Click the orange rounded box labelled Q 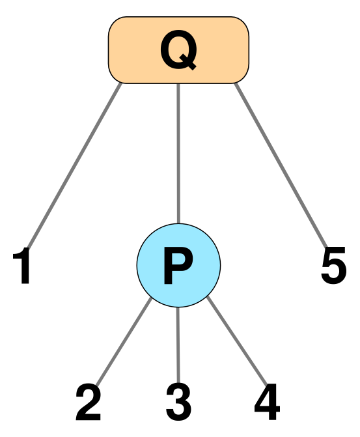tap(178, 50)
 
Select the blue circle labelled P tap(178, 265)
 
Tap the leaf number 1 tap(22, 265)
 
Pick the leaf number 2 tap(88, 402)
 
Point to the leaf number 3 tap(178, 402)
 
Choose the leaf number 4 tap(267, 402)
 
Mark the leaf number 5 tap(333, 265)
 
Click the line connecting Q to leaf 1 tap(74, 165)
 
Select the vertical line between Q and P tap(178, 154)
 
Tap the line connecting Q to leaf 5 tap(281, 165)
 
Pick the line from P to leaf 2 tap(124, 341)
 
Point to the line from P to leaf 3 tap(178, 346)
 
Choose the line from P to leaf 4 tap(237, 341)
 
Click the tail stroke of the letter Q tap(187, 63)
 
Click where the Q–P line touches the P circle tap(178, 223)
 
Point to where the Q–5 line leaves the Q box tap(236, 83)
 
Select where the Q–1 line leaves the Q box tap(121, 83)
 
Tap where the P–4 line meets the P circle tap(208, 297)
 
